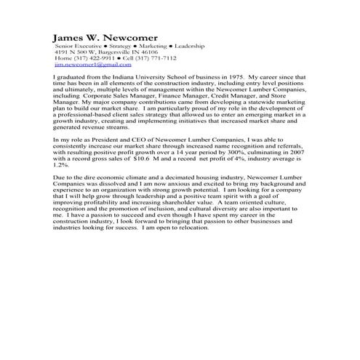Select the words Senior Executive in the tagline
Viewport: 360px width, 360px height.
click(76, 47)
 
